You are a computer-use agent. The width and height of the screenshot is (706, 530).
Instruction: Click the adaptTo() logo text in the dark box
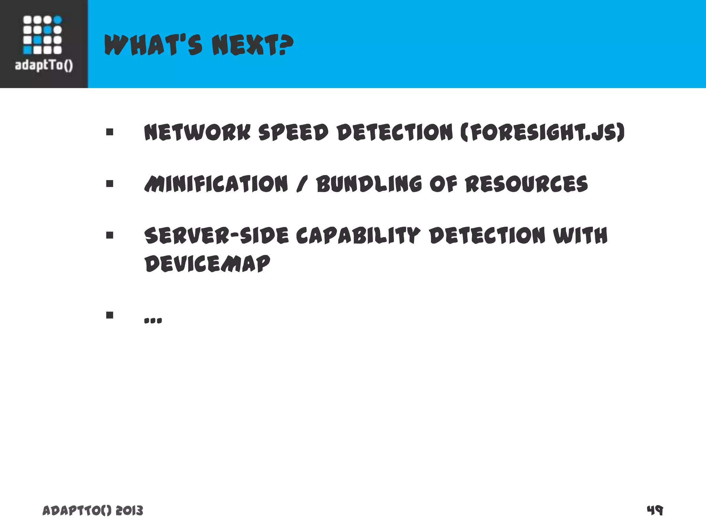coord(44,65)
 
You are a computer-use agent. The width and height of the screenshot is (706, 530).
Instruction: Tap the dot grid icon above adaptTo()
coord(42,35)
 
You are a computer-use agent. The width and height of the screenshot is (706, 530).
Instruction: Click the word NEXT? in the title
coord(252,45)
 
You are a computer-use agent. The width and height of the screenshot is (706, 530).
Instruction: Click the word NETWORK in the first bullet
coord(197,132)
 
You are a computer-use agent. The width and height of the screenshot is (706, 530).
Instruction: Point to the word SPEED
coord(293,132)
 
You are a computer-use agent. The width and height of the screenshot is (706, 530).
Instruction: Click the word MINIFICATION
coord(216,184)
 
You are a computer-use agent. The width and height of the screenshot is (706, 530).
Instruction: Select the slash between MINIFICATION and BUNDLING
coord(302,184)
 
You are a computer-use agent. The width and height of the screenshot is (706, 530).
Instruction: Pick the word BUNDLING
coord(369,184)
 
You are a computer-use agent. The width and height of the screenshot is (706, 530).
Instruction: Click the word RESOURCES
coord(526,184)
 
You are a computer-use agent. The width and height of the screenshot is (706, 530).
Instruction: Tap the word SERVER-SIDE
coord(216,236)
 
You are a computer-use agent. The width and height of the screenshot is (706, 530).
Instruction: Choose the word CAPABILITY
coord(358,236)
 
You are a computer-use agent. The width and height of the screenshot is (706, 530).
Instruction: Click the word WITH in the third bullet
coord(580,236)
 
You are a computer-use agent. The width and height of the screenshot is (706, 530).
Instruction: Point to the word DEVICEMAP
coord(207,264)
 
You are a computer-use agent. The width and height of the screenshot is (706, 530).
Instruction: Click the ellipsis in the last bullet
coord(153,321)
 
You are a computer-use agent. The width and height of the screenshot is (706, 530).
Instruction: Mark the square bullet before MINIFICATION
coord(110,184)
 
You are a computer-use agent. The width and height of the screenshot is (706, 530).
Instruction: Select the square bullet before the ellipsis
coord(110,315)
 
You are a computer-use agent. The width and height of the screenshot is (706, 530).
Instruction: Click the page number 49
coord(655,510)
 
